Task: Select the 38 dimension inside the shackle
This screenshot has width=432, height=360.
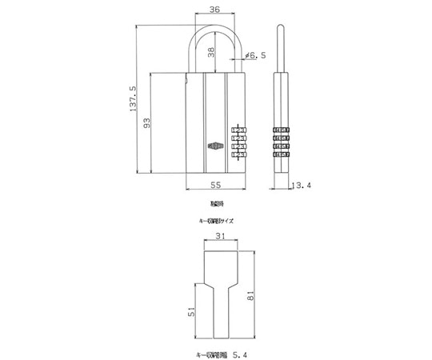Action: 210,54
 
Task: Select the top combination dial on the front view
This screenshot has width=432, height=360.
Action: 239,130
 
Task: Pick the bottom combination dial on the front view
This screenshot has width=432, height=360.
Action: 239,156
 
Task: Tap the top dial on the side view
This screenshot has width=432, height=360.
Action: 281,130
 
